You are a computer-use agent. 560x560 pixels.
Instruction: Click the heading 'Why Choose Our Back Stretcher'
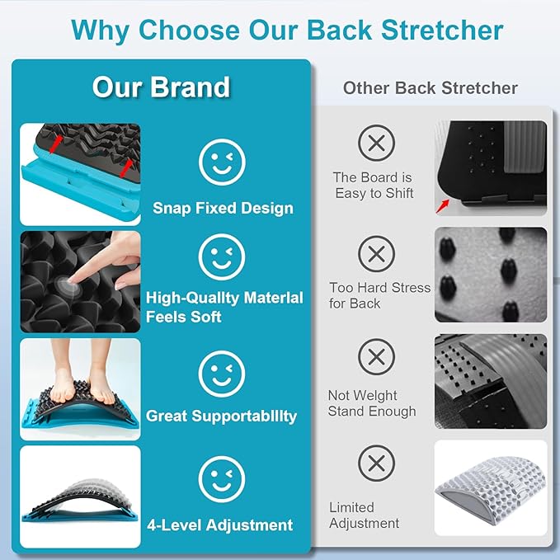tap(286, 30)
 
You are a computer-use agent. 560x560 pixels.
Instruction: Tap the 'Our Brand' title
tap(161, 87)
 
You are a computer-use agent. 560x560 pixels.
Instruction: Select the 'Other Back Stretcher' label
tap(431, 88)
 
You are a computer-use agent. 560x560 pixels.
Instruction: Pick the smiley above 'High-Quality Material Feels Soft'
tap(222, 258)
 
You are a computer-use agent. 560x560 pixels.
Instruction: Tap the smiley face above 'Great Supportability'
tap(222, 374)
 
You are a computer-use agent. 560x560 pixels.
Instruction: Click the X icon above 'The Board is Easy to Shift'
tap(376, 143)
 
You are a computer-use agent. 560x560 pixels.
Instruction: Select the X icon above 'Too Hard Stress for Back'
tap(376, 252)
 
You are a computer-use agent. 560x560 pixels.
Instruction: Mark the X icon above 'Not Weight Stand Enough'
tap(376, 358)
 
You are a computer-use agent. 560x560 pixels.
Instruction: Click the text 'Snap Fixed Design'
tap(223, 208)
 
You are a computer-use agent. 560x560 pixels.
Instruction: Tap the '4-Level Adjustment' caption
tap(219, 525)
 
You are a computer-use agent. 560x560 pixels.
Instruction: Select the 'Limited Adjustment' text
tap(364, 515)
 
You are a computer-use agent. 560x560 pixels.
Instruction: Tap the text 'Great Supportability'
tap(221, 416)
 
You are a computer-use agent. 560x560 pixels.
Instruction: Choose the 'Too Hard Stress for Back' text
tap(379, 295)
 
